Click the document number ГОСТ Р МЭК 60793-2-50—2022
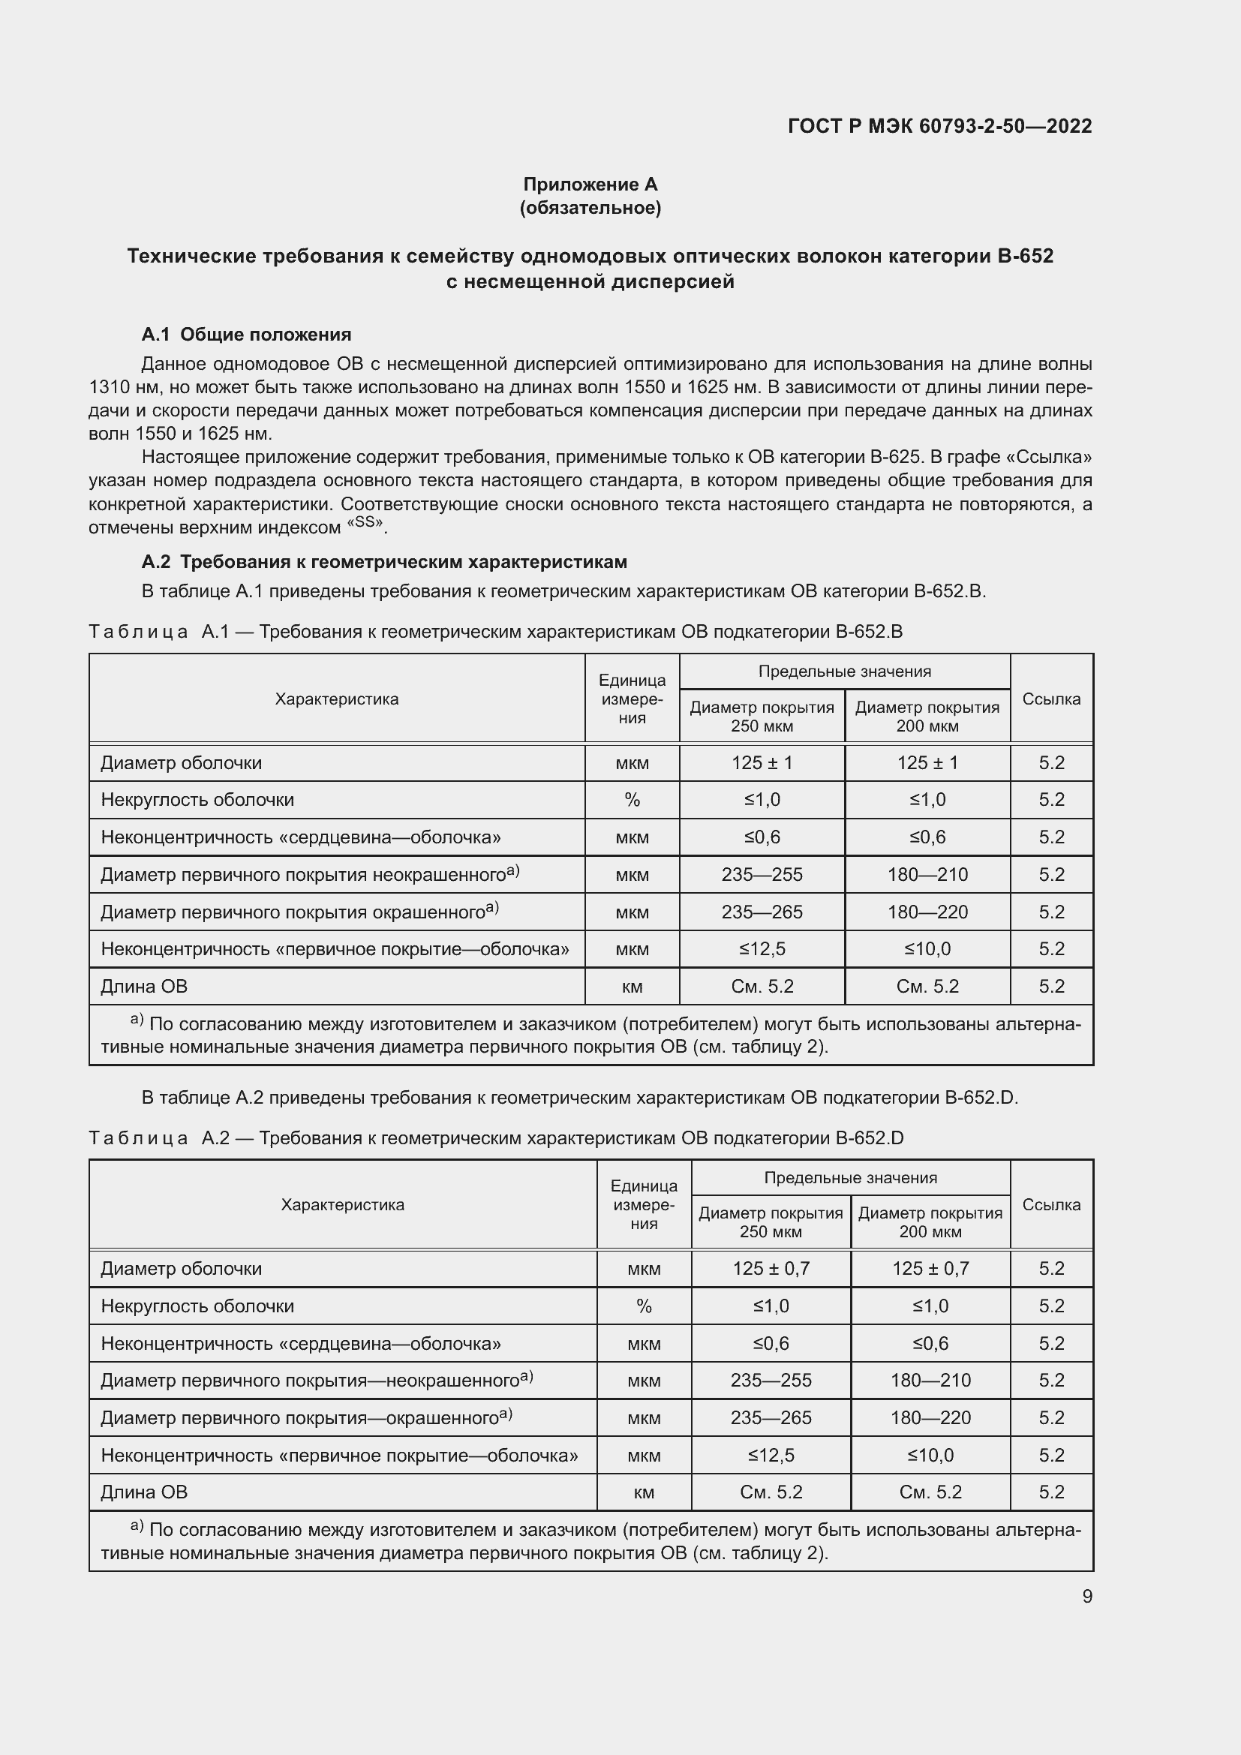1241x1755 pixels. [939, 126]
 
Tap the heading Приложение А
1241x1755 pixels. [590, 185]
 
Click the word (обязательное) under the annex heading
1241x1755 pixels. [590, 208]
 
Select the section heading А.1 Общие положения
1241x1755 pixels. [246, 334]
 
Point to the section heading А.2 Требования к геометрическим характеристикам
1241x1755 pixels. [383, 562]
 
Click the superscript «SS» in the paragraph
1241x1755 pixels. [368, 524]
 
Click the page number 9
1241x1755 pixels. [1086, 1596]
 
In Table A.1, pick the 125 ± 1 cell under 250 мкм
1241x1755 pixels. [762, 763]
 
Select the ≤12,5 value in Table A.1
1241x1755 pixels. [762, 948]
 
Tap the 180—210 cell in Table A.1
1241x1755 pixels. [927, 874]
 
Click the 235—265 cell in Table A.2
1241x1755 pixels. [771, 1418]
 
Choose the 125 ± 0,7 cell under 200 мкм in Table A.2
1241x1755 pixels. [930, 1269]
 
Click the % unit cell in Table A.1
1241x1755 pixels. [632, 800]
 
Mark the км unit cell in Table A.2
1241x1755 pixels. [644, 1492]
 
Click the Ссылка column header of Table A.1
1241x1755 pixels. [1050, 699]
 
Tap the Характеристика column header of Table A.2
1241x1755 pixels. [342, 1205]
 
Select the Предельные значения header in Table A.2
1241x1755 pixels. [850, 1178]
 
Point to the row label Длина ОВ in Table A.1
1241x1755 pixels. [144, 986]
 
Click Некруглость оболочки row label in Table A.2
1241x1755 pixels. [197, 1306]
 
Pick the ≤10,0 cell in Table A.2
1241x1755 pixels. [930, 1456]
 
